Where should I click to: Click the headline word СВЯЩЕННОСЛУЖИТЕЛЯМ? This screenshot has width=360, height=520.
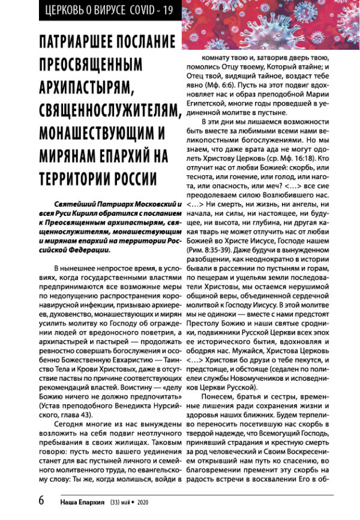coord(110,109)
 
